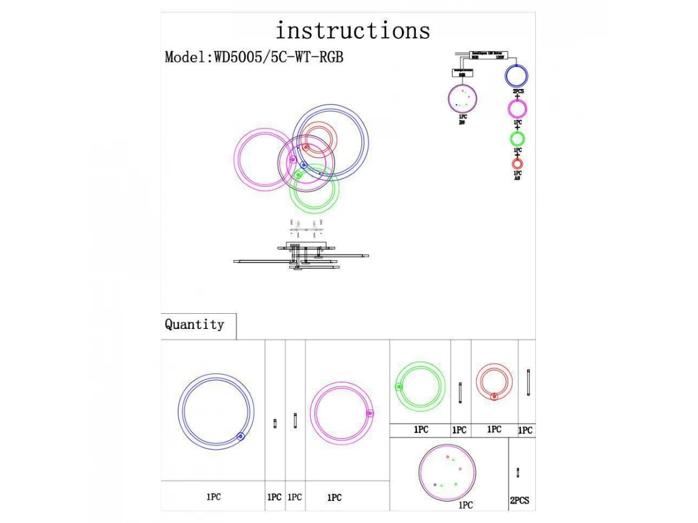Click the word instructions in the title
coord(352,30)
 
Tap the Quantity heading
coord(194,324)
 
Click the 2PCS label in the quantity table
coord(519,500)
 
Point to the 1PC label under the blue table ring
coord(213,497)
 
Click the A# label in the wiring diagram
coord(517,178)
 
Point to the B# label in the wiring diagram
coord(462,122)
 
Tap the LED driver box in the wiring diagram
coord(489,56)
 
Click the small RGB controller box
coord(462,73)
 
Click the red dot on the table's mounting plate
coord(448,457)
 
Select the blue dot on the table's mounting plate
coord(435,484)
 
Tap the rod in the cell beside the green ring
coord(461,393)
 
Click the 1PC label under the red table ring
coord(494,429)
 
